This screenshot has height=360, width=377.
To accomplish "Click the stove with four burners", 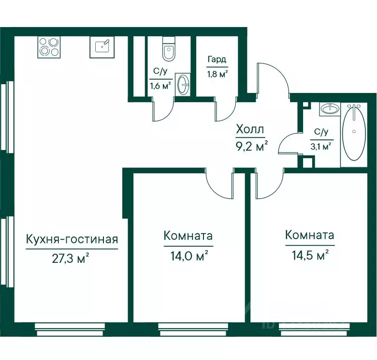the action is pos(49,47).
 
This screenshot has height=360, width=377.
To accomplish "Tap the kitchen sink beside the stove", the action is pos(102,47).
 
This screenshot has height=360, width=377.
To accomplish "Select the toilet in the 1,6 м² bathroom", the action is pos(169,48).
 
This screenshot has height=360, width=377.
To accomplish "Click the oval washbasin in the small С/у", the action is pos(184,85).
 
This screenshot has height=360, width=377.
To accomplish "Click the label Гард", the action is pos(217,60).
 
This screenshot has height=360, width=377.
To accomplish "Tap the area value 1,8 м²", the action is pos(217,74).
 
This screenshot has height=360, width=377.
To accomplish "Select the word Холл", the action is pos(250,129).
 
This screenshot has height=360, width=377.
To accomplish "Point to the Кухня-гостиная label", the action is pos(72,240).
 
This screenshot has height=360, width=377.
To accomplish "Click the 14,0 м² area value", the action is pos(189,256).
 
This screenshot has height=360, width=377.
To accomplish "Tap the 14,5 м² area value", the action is pos(310,255).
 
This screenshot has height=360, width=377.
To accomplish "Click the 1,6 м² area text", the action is pos(160,86).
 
